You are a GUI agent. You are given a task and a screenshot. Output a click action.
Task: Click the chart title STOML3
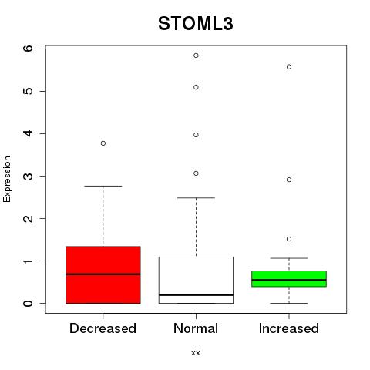coord(196,24)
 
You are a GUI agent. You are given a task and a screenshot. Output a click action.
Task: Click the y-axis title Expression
coord(7,179)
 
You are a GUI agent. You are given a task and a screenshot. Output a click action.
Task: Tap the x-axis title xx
coord(196,352)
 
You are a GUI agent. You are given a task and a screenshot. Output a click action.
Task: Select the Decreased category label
coord(103,328)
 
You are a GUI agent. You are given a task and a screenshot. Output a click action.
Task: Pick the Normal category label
coord(196,328)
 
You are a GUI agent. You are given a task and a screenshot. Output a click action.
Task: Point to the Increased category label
coord(289,328)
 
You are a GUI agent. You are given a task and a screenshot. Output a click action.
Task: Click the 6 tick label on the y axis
coord(29,49)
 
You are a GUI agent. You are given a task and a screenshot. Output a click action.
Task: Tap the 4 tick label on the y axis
coord(29,133)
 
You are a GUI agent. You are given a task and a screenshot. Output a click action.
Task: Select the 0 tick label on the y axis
coord(29,303)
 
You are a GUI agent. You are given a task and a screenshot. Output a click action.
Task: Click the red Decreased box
coord(103,274)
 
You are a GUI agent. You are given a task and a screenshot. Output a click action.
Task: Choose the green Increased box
coord(289,279)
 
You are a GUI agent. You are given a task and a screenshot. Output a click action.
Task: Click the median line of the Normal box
coord(196,295)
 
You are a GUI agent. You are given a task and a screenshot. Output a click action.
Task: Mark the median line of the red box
coord(103,274)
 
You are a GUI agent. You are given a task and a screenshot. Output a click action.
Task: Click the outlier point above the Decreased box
coord(103,143)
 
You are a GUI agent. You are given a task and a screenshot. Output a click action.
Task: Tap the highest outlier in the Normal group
coord(196,55)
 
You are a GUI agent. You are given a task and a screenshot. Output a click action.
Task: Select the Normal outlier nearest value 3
coord(196,173)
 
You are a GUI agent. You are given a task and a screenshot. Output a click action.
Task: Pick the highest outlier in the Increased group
coord(289,67)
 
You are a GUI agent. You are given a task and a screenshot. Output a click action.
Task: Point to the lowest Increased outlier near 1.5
coord(289,239)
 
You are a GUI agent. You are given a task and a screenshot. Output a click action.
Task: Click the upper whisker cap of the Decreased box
coord(103,186)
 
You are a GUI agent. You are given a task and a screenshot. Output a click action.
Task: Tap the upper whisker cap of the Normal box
coord(196,198)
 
